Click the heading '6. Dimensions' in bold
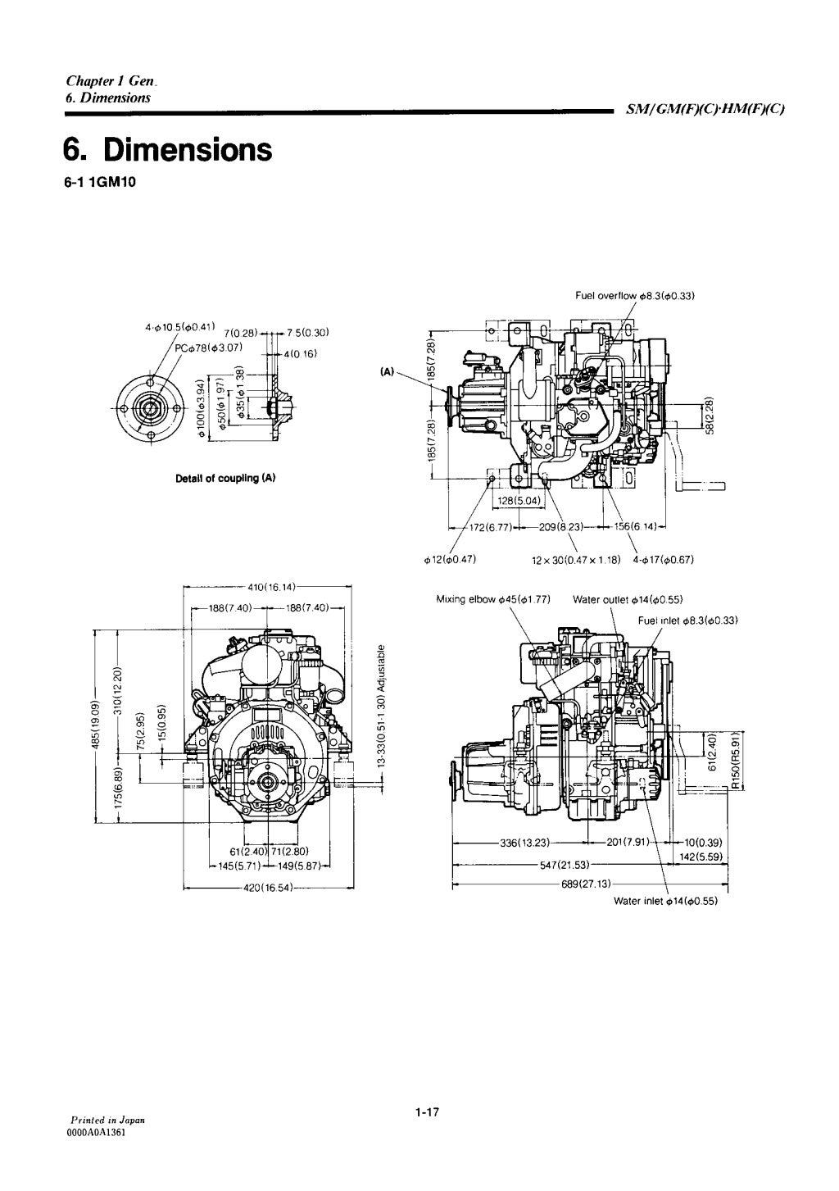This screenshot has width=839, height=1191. [167, 150]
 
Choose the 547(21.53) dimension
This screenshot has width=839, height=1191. [565, 864]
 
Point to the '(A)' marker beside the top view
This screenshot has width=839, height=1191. [387, 371]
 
